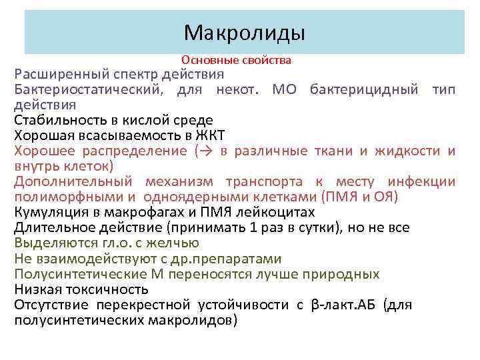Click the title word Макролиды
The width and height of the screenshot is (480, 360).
tap(245, 32)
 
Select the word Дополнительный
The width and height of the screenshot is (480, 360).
tap(73, 182)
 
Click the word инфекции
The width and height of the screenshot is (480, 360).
tap(423, 182)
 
